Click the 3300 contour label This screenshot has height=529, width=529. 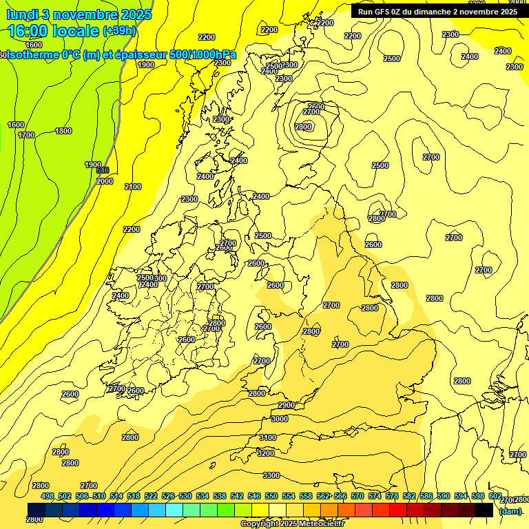tap(271, 475)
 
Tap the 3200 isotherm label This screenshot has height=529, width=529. tap(265, 453)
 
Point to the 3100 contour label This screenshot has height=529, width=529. tap(267, 437)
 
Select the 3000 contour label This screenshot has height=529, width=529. tap(280, 419)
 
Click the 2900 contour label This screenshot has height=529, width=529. tap(287, 405)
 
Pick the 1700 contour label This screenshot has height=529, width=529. tap(26, 135)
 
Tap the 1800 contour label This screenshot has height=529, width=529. tap(63, 131)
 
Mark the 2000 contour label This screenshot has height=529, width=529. tap(105, 181)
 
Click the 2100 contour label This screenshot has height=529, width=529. tap(133, 187)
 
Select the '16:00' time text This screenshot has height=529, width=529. tap(29, 31)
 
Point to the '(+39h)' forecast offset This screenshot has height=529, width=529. tap(119, 31)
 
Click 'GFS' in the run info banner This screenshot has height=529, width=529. tap(383, 12)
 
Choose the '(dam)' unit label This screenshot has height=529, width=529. tap(510, 510)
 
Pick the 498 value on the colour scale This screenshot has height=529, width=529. tap(47, 496)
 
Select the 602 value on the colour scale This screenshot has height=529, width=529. tap(495, 496)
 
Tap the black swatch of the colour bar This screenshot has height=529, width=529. tap(484, 510)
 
